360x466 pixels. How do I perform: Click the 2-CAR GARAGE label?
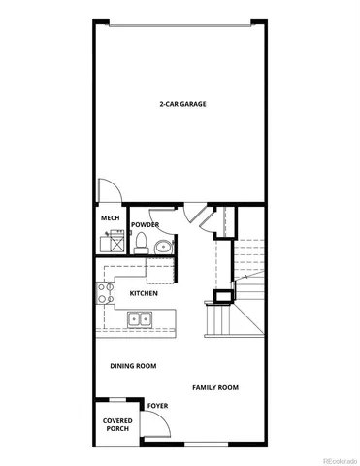(182, 104)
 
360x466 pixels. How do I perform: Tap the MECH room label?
(110, 218)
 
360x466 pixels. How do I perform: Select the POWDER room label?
(146, 225)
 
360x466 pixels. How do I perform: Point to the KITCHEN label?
(144, 292)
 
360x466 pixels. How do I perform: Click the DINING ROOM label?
(133, 366)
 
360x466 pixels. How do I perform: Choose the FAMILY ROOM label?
(214, 387)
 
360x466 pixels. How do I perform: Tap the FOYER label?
(157, 406)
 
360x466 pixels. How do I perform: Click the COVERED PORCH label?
(116, 424)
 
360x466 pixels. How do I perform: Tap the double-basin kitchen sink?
(140, 318)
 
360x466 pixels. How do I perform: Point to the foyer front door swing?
(153, 424)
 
